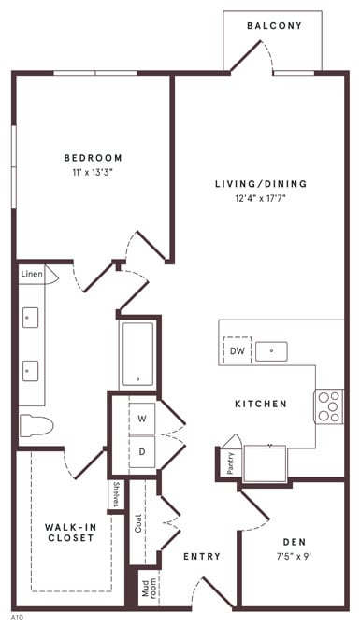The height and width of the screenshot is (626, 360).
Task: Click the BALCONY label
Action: click(x=274, y=26)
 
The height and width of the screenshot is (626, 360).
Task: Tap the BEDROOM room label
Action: click(x=93, y=158)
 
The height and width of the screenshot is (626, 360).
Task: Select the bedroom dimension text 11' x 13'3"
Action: click(x=93, y=173)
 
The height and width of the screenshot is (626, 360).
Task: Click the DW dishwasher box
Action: click(x=238, y=351)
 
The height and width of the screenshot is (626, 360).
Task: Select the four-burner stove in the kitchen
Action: click(x=329, y=405)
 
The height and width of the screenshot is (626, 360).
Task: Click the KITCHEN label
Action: click(x=260, y=404)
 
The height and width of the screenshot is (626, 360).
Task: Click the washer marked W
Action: click(x=142, y=418)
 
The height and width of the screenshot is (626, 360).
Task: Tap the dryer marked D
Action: click(x=142, y=451)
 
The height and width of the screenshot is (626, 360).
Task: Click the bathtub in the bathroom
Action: click(x=138, y=354)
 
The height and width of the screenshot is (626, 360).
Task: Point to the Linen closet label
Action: click(x=32, y=275)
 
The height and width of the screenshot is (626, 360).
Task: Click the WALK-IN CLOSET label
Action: click(x=70, y=533)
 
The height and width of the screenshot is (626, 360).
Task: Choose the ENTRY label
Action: click(x=202, y=557)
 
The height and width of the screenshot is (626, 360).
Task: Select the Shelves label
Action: click(x=116, y=495)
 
